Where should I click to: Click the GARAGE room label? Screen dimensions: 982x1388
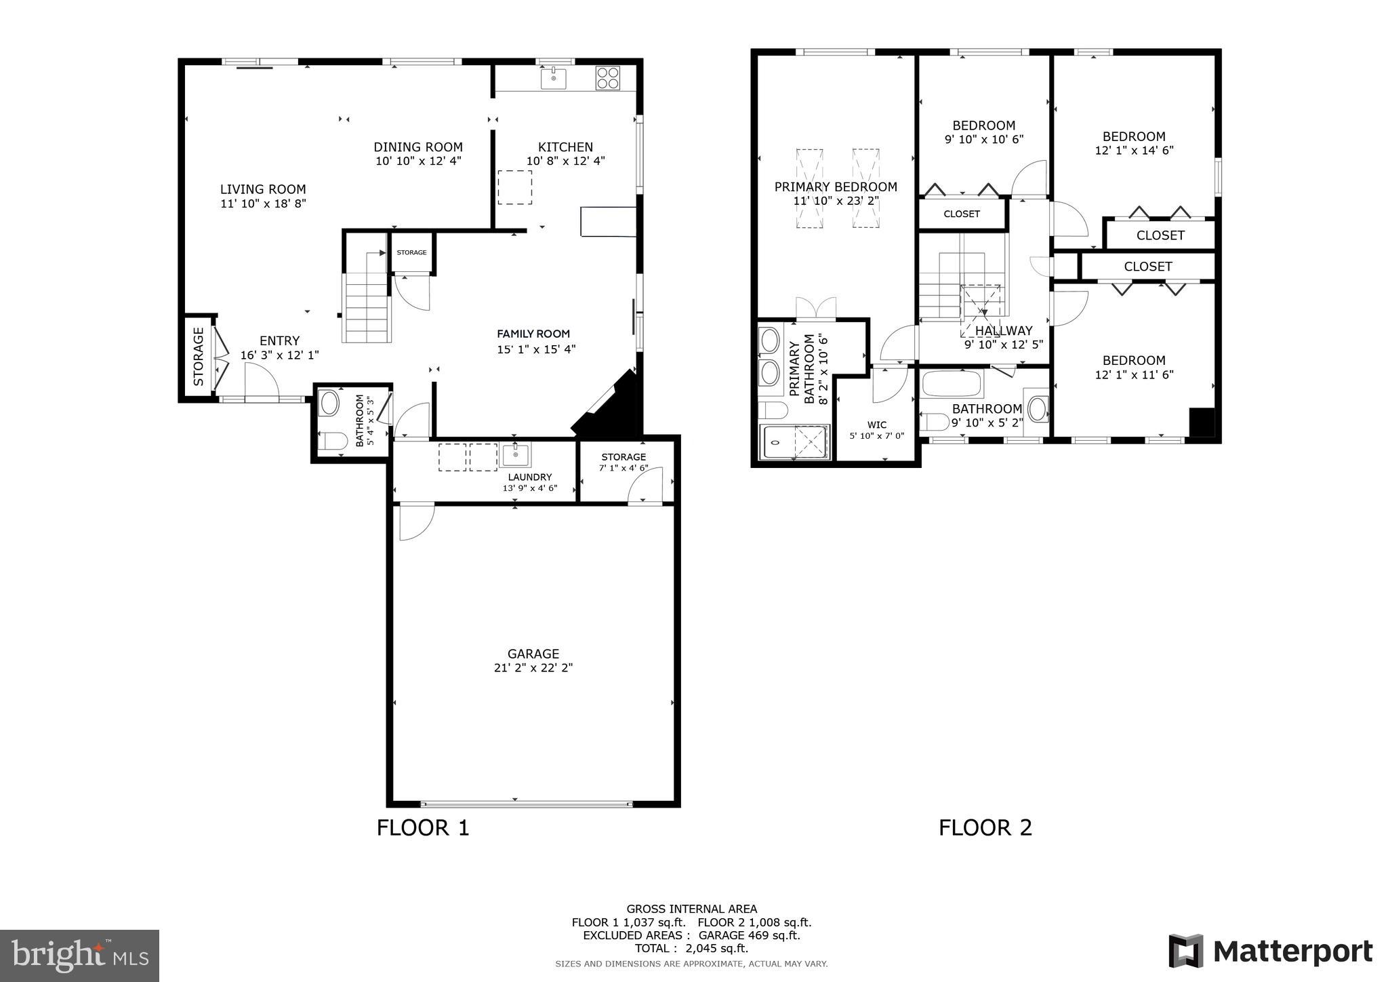(533, 654)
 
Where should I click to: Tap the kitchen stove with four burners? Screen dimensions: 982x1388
(607, 78)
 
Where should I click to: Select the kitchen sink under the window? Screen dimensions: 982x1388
(554, 79)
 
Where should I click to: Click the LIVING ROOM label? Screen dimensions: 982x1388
(263, 190)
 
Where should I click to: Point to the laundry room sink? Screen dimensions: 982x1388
(516, 454)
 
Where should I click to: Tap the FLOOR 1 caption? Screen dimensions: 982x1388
(423, 827)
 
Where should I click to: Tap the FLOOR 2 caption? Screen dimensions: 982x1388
(985, 827)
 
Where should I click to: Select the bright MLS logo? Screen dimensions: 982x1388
(80, 956)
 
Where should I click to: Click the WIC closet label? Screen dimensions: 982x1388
(877, 425)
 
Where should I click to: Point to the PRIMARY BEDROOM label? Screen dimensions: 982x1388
(836, 187)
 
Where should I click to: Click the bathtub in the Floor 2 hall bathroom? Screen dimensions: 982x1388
(952, 385)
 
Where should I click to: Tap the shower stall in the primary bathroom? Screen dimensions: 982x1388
(796, 441)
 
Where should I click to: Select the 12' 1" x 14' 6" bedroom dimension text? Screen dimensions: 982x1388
(1134, 151)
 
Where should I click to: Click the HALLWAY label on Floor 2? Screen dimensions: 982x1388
(1004, 331)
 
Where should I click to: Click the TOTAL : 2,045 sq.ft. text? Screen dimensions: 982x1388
(691, 948)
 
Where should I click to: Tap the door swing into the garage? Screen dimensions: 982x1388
(415, 522)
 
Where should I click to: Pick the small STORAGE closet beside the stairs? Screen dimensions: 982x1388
(411, 252)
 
